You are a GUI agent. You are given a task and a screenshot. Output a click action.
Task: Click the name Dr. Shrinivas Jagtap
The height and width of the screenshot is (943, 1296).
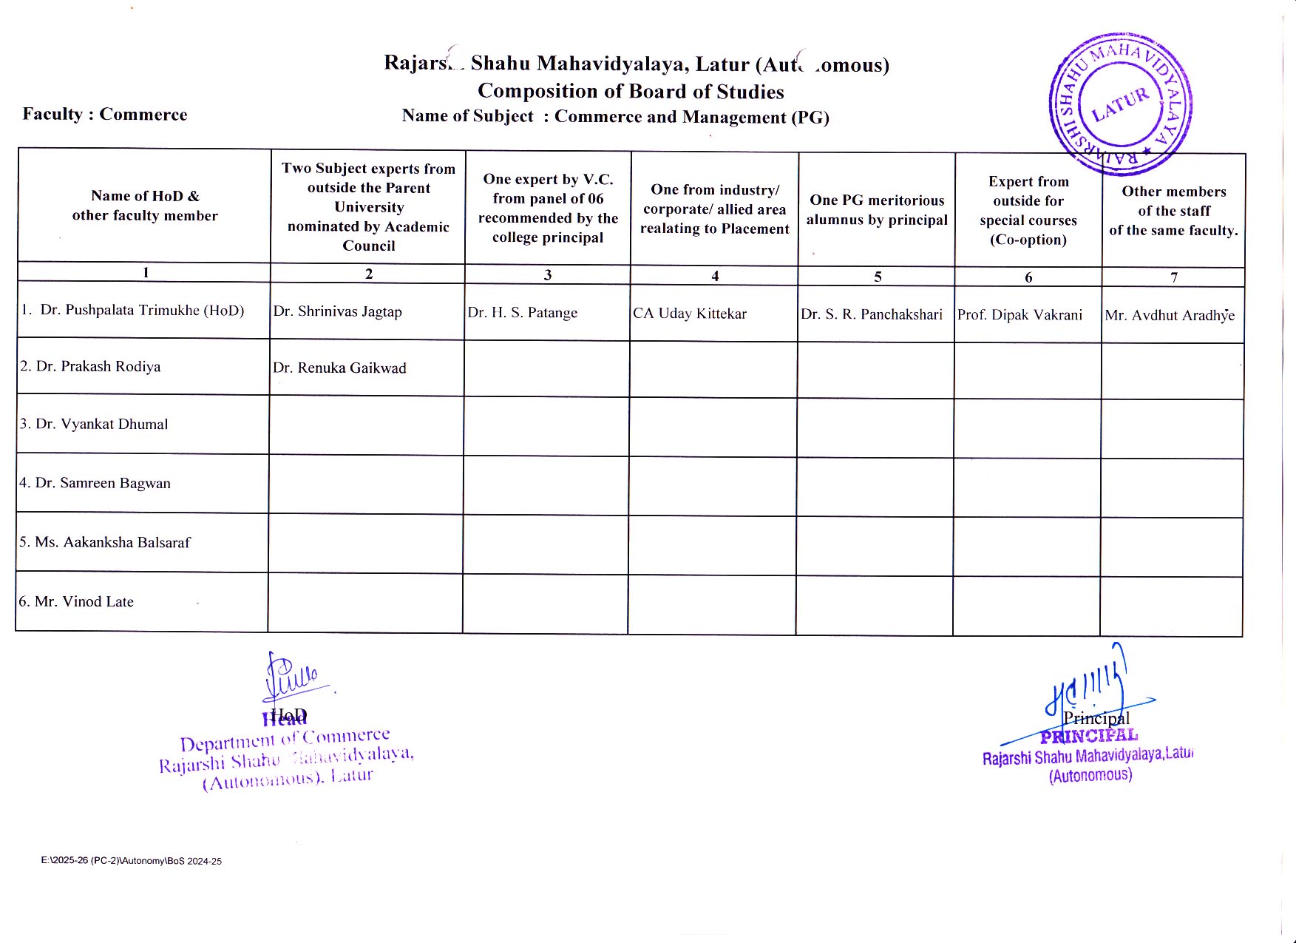tap(338, 311)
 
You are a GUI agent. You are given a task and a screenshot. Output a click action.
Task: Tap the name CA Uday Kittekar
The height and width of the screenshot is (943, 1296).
tap(690, 314)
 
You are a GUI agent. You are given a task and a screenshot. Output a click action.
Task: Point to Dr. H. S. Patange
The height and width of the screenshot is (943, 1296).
tap(523, 313)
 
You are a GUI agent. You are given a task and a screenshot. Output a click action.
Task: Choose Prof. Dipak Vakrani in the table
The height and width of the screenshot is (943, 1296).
tap(1020, 314)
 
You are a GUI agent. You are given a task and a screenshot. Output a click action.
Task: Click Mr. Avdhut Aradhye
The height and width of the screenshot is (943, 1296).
tap(1170, 316)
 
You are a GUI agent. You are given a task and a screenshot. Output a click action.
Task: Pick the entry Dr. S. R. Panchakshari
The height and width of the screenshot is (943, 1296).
tap(872, 314)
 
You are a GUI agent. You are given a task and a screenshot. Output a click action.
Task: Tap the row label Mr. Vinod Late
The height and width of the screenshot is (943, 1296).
tap(77, 601)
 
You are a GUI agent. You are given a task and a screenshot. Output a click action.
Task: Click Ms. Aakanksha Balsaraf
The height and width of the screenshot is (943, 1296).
tap(105, 542)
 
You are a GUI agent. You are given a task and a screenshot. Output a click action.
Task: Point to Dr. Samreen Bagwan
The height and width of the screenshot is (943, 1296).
tap(95, 483)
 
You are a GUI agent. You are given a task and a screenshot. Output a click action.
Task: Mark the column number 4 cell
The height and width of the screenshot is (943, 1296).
tap(715, 276)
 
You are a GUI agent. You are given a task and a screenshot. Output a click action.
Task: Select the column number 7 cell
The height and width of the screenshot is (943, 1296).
tap(1174, 277)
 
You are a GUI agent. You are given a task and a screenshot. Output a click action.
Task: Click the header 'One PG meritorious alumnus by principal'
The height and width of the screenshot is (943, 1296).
tap(877, 210)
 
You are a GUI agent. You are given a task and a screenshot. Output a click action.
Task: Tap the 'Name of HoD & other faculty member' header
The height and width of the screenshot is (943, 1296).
tap(145, 206)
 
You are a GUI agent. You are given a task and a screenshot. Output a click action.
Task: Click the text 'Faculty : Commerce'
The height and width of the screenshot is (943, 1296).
tap(105, 115)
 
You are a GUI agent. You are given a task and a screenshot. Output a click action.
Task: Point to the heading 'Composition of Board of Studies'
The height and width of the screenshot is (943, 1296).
tap(631, 91)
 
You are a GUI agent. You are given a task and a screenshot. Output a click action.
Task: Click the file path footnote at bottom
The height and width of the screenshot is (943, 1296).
tap(132, 861)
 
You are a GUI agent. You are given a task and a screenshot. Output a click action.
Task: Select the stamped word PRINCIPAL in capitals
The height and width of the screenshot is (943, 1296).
tap(1089, 736)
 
